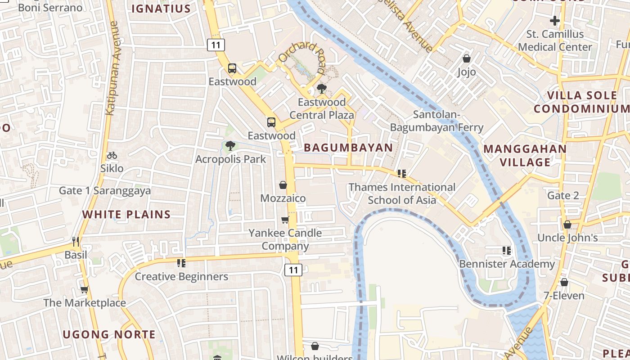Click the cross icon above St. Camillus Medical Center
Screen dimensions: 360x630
(x=555, y=20)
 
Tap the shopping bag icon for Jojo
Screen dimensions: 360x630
(x=467, y=58)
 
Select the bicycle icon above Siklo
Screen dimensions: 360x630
(x=112, y=155)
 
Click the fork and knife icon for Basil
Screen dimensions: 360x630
(x=76, y=242)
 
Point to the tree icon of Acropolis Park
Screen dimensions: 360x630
(x=230, y=145)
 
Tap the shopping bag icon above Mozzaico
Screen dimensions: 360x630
(x=283, y=185)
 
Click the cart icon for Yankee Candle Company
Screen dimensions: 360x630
(x=285, y=220)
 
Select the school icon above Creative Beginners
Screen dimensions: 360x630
(x=181, y=263)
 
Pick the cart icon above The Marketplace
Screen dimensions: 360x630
(x=84, y=289)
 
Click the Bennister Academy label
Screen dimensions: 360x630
(x=507, y=264)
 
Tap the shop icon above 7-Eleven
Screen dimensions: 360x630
(x=564, y=282)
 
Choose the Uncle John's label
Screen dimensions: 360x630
(x=567, y=238)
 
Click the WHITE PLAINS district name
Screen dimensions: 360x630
(x=126, y=214)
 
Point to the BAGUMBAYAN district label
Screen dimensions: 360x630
(x=348, y=148)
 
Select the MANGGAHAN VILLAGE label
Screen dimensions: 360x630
(x=525, y=155)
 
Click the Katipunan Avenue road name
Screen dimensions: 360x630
(x=112, y=67)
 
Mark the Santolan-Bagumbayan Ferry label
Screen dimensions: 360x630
(x=436, y=121)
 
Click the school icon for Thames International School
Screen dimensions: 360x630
(x=402, y=174)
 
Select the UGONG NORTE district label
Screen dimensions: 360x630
(x=109, y=334)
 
